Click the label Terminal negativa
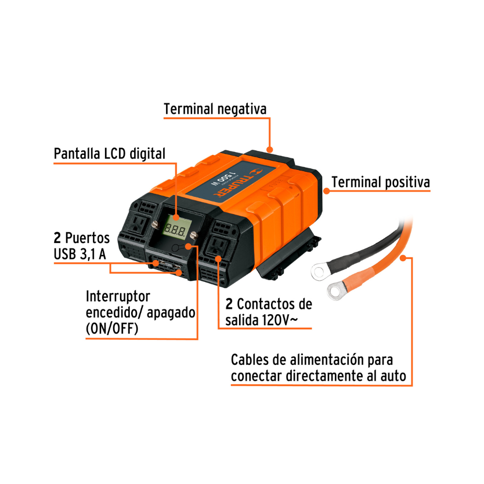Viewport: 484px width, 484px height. point(215,109)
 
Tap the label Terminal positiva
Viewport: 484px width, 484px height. point(380,182)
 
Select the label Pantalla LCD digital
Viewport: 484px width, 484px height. point(109,153)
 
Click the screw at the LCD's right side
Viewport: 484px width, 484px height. point(194,235)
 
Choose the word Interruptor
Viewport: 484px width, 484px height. point(118,296)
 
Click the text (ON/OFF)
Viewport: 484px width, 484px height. point(112,329)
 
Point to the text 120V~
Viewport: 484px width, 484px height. point(280,320)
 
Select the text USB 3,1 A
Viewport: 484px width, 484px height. point(80,254)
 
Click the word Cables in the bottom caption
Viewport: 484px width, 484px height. point(250,360)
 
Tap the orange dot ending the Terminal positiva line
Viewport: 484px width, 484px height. point(327,191)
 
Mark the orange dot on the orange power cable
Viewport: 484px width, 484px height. point(403,258)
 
